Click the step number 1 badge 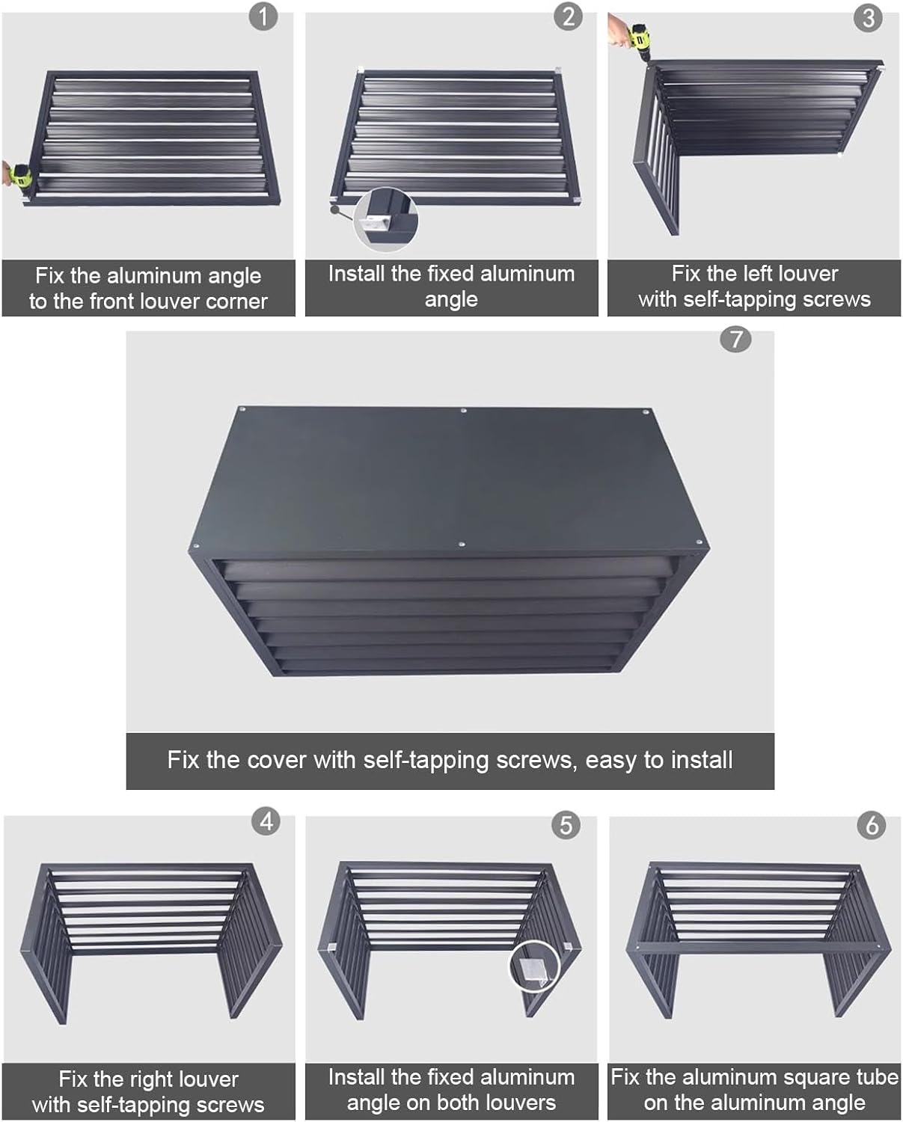pyautogui.click(x=263, y=16)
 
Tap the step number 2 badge pyautogui.click(x=568, y=16)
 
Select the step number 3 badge pyautogui.click(x=868, y=17)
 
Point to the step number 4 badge pyautogui.click(x=266, y=821)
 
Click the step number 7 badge pyautogui.click(x=735, y=339)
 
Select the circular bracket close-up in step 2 pyautogui.click(x=385, y=219)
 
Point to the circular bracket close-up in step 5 pyautogui.click(x=534, y=966)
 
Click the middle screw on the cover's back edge pyautogui.click(x=464, y=411)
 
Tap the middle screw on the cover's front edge pyautogui.click(x=461, y=545)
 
